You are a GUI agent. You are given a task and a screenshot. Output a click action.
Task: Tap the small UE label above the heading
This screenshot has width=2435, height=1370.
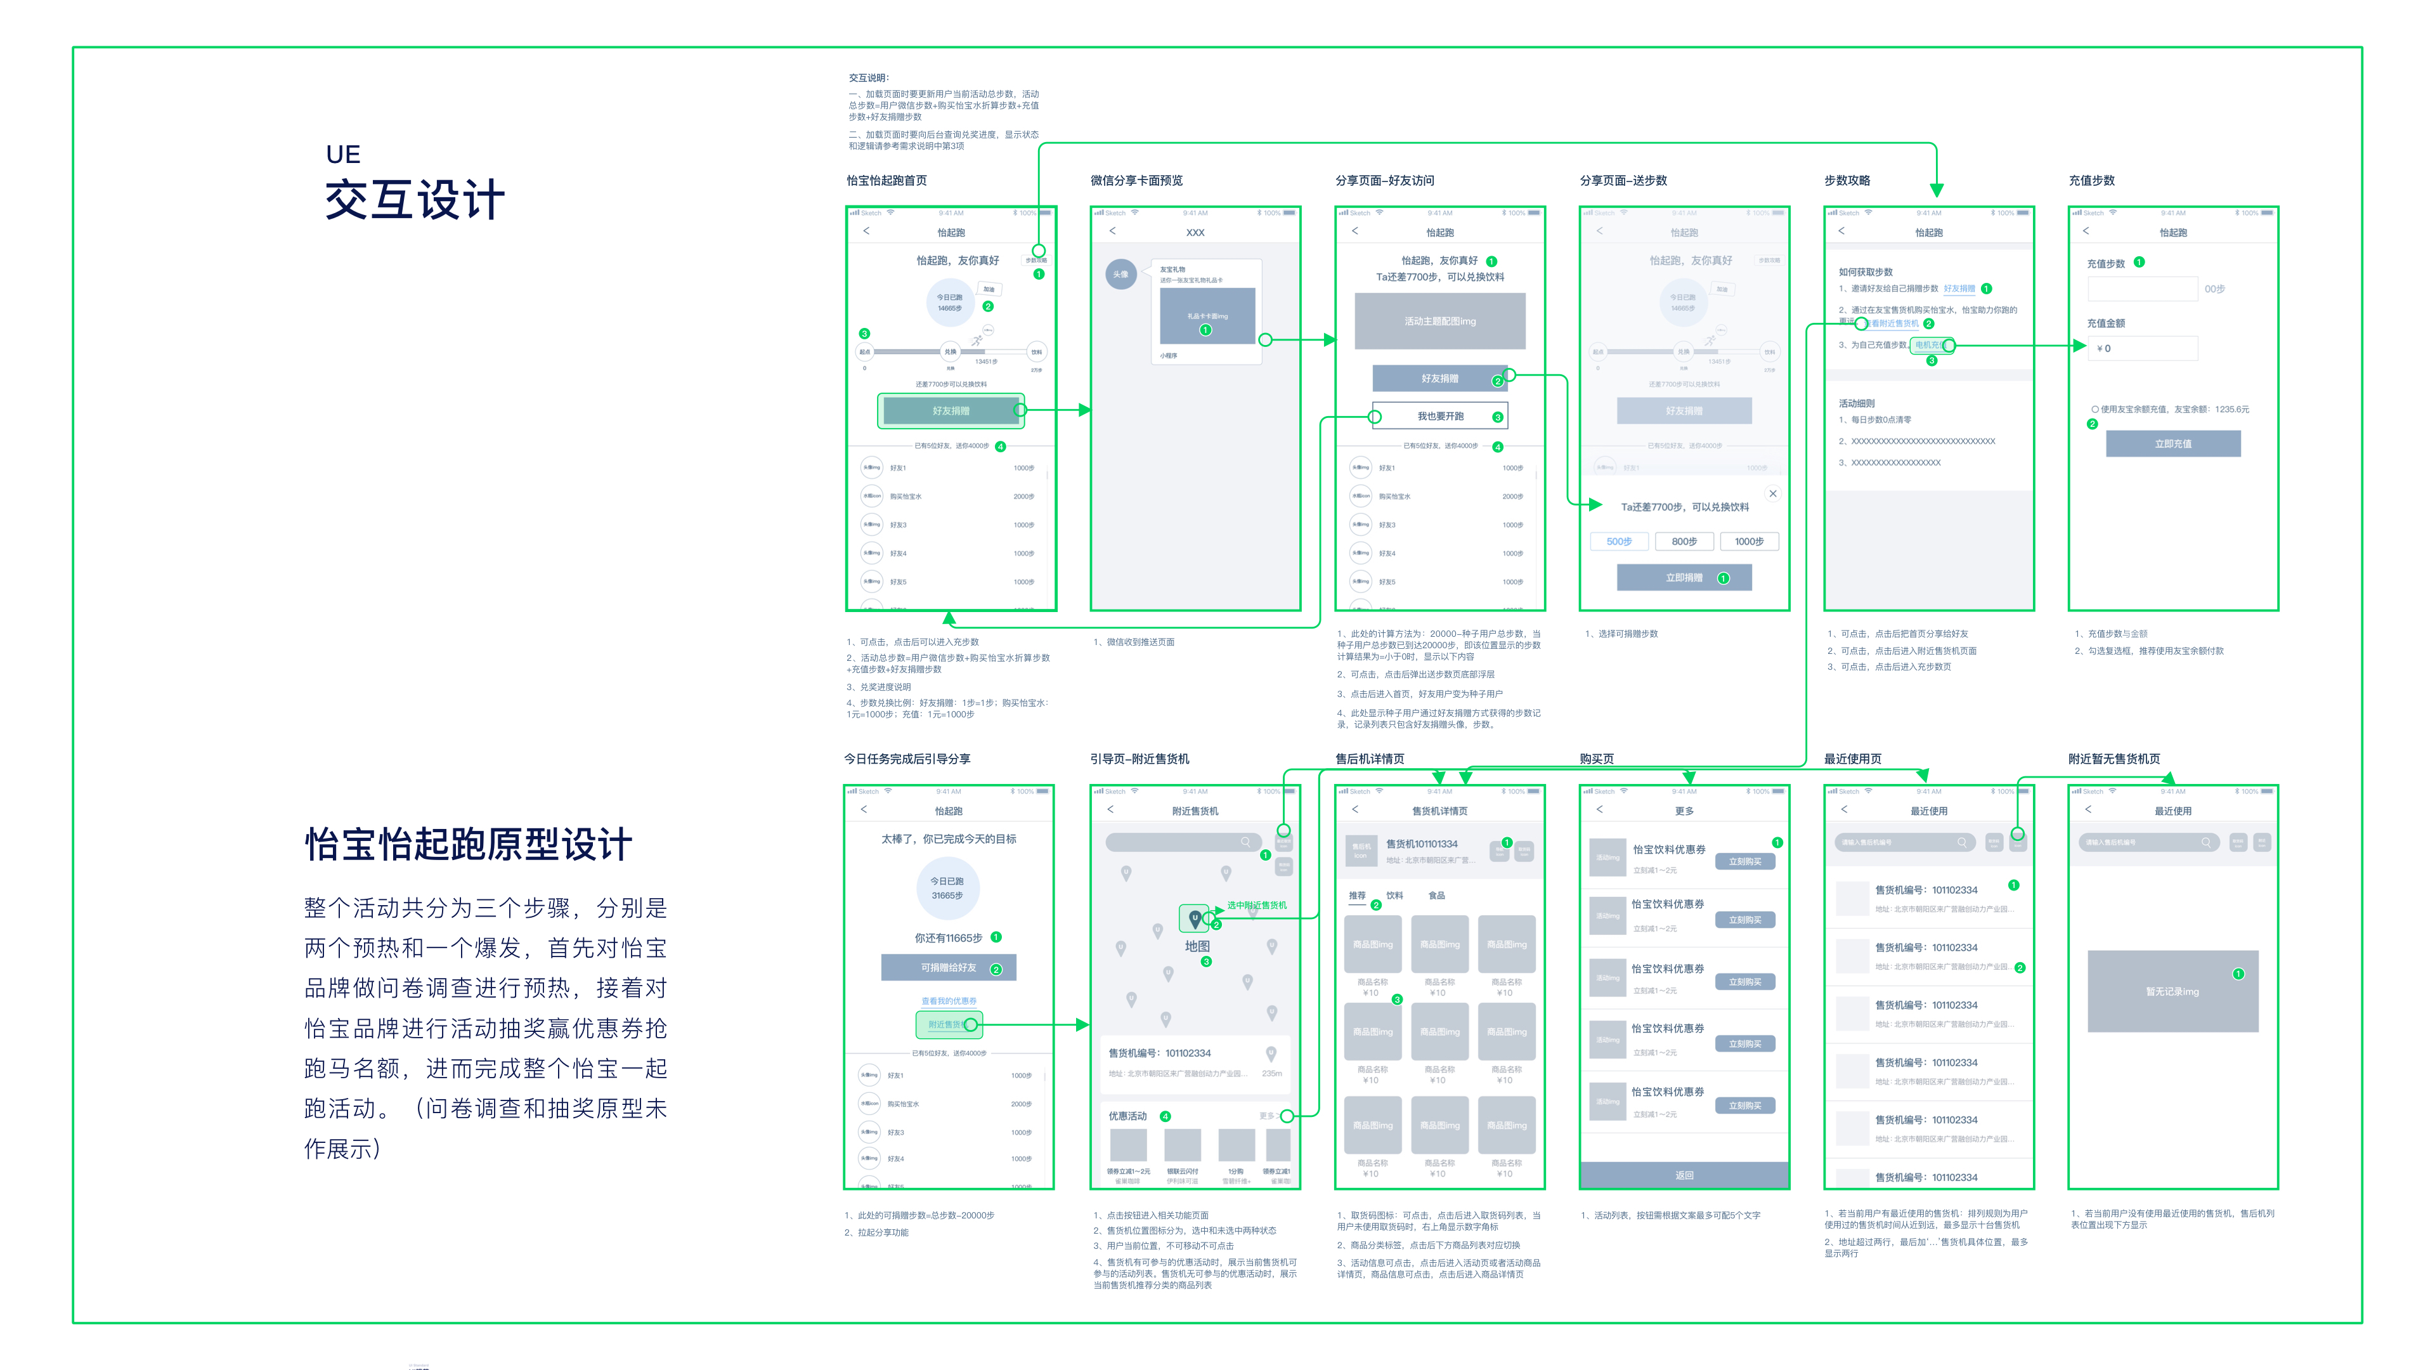[342, 154]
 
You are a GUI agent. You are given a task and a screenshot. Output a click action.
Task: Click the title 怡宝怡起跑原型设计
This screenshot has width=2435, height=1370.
[468, 844]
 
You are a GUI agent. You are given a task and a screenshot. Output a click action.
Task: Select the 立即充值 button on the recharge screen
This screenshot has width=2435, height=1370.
[2172, 443]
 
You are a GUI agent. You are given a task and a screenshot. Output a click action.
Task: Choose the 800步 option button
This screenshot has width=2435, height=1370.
[1684, 542]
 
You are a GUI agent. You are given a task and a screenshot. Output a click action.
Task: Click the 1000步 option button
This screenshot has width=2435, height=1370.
[1749, 542]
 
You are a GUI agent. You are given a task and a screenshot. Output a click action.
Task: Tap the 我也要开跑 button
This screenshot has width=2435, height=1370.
[1439, 416]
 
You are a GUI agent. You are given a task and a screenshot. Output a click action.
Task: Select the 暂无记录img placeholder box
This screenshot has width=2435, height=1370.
[2172, 991]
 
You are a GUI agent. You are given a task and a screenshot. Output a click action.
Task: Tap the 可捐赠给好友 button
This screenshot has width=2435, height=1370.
[948, 967]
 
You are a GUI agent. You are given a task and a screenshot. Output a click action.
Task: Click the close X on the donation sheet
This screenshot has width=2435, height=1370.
[1772, 493]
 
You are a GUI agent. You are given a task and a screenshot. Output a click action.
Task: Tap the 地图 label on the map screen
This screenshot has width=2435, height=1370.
[1197, 946]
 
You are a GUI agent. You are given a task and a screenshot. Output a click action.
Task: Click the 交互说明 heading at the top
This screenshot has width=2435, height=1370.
[867, 77]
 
